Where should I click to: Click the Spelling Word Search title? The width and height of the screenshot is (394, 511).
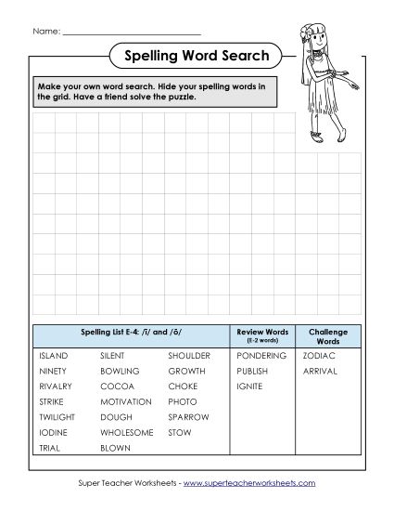[x=197, y=57]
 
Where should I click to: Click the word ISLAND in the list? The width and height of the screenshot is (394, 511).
[x=54, y=356]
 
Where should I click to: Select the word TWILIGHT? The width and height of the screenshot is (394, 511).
[x=57, y=417]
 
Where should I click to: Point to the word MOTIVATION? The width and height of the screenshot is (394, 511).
[x=125, y=401]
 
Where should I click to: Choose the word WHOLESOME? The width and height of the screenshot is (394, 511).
[x=127, y=432]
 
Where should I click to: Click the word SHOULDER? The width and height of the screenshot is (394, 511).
[x=189, y=356]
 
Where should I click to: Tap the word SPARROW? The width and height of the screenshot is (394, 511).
[x=188, y=417]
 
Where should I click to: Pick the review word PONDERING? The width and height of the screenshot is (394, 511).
[x=261, y=356]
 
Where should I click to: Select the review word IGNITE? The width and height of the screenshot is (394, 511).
[x=249, y=387]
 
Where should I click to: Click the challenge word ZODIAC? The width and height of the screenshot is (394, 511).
[x=319, y=356]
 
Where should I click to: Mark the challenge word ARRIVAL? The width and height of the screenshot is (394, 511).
[x=320, y=371]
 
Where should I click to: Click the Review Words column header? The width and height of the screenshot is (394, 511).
[x=262, y=334]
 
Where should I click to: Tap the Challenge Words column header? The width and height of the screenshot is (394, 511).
[x=328, y=334]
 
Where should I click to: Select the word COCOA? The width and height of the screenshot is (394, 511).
[x=117, y=387]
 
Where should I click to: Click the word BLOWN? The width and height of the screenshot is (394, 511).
[x=116, y=447]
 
